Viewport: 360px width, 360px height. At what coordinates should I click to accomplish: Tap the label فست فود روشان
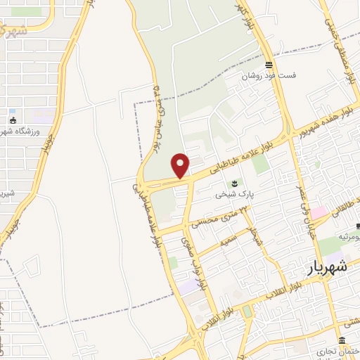coord(271,76)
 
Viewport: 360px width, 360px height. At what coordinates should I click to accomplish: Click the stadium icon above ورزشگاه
coord(12,110)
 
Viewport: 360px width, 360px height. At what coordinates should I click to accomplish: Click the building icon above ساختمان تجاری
coord(341,340)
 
